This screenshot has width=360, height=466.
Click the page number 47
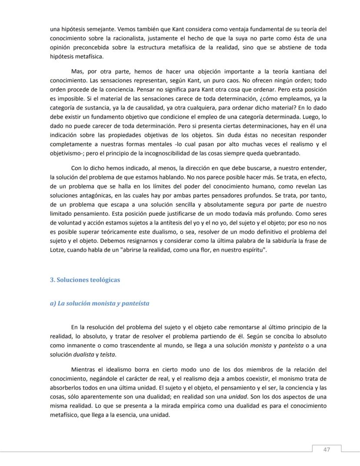[x=327, y=449]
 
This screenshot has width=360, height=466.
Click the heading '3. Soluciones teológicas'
[x=85, y=280]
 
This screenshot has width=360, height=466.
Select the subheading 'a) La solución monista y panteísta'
[x=100, y=303]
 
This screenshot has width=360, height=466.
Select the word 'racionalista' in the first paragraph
[x=107, y=38]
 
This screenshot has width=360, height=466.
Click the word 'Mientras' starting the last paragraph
[x=83, y=369]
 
